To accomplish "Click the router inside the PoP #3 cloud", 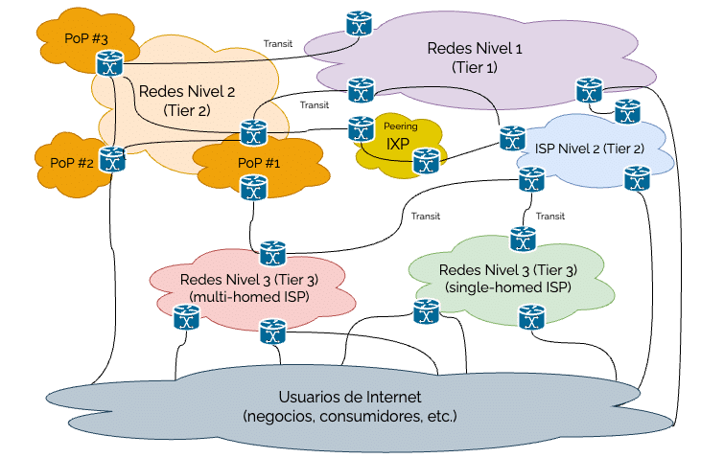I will tap(106, 63).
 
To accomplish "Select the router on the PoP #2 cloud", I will tap(112, 159).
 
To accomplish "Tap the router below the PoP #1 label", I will tap(253, 190).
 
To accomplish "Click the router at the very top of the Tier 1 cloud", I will tap(360, 23).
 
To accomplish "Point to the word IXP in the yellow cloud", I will tap(398, 144).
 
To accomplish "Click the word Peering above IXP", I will tap(400, 126).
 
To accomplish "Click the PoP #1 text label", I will tap(258, 163).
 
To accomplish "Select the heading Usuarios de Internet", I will tap(350, 397).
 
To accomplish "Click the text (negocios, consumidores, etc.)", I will tap(350, 417).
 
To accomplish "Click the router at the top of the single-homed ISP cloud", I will tap(523, 237).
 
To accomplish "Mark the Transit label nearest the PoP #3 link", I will tap(277, 43).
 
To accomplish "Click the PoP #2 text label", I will tap(71, 161).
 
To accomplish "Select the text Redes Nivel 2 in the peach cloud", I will tap(186, 91).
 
